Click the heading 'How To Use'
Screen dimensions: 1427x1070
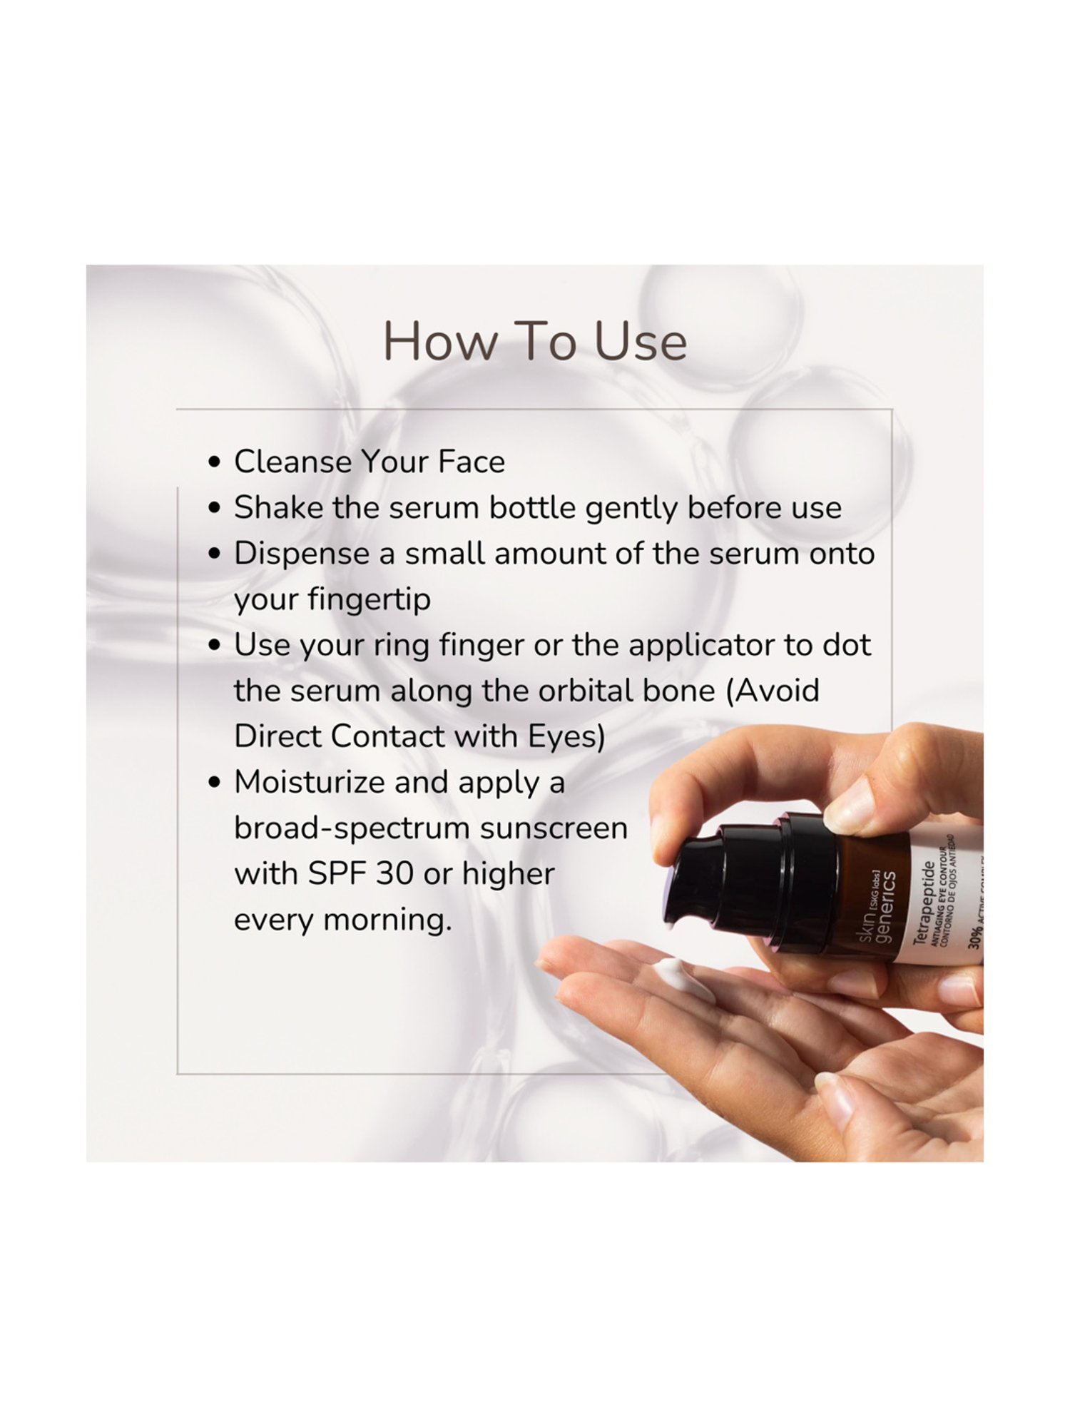click(x=535, y=342)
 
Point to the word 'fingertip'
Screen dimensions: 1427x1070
click(x=369, y=600)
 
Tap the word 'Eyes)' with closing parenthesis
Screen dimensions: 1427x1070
click(x=566, y=737)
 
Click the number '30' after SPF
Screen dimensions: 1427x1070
click(x=394, y=874)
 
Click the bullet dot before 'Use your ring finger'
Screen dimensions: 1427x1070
click(x=214, y=646)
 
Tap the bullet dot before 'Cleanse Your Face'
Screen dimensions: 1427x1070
click(x=214, y=462)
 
